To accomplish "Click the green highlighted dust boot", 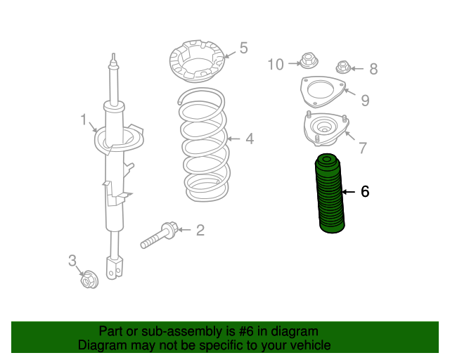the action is point(330,194).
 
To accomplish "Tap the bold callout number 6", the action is point(365,191).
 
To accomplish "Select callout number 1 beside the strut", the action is point(84,120).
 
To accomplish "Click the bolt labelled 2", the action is point(160,236).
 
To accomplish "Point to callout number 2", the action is point(200,230).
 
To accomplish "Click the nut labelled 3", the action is point(89,279).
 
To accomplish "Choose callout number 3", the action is point(72,261).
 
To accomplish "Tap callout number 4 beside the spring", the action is point(250,139).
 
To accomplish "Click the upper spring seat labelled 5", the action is point(196,61).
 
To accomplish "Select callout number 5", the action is point(243,48).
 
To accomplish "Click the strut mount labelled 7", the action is point(326,129).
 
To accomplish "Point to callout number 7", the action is point(363,148).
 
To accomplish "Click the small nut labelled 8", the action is point(342,67).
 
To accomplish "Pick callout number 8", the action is point(373,69).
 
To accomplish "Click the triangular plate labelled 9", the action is point(323,92).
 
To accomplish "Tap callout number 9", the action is point(365,100).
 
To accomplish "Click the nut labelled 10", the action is point(309,60).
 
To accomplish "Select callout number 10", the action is point(276,64).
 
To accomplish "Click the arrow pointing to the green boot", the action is point(349,192).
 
